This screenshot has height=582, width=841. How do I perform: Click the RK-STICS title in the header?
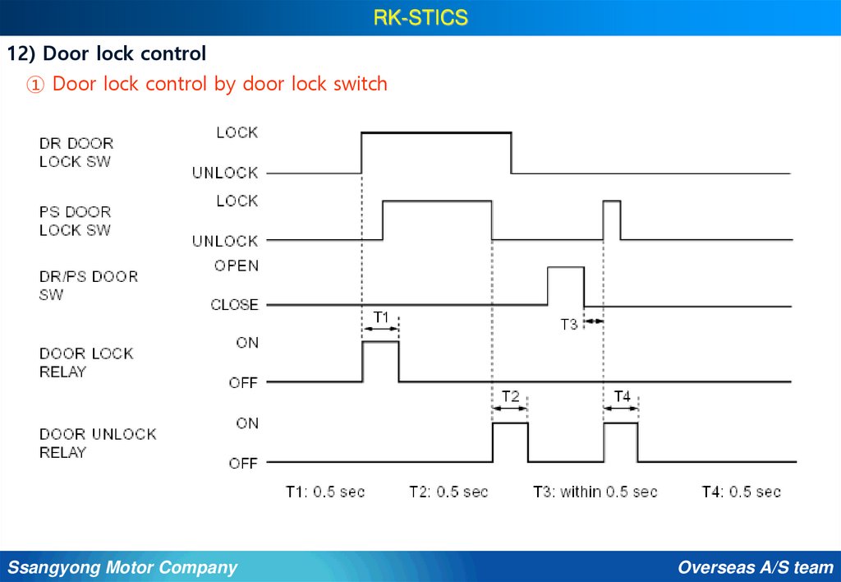420,17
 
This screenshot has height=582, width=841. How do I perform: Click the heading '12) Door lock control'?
107,54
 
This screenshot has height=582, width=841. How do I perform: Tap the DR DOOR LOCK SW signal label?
76,152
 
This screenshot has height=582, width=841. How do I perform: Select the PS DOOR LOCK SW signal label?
75,221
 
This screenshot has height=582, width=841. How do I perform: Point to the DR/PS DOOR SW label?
89,284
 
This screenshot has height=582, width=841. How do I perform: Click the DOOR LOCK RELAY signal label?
86,363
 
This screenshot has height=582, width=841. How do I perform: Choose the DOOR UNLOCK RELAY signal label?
98,442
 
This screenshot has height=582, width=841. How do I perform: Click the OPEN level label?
236,266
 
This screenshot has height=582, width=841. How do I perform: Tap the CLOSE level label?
234,304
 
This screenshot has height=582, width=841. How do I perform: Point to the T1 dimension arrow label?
381,316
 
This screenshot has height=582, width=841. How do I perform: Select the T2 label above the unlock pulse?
510,396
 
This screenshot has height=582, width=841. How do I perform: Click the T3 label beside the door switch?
569,324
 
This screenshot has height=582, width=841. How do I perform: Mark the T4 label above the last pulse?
622,396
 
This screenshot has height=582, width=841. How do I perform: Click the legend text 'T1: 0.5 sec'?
325,492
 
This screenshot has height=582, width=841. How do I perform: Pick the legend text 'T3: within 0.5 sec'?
595,492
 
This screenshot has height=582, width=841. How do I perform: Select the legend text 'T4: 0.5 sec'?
741,492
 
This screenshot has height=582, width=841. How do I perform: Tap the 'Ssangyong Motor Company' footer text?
122,567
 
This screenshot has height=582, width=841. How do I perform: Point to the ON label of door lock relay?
247,343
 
